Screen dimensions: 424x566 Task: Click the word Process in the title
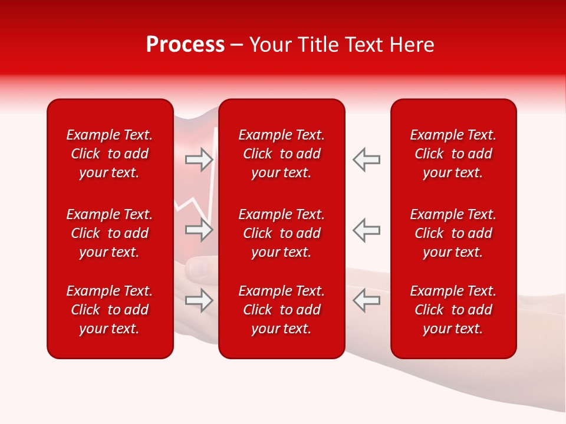(x=185, y=45)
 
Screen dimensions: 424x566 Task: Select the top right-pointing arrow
(x=199, y=160)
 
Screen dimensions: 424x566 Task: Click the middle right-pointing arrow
(x=199, y=230)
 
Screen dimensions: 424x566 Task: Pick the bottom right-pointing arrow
(x=199, y=300)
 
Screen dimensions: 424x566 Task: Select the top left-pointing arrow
(x=366, y=160)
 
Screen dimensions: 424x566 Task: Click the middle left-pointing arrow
(x=366, y=230)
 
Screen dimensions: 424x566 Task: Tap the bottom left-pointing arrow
(x=366, y=300)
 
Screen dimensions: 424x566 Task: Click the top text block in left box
(x=110, y=154)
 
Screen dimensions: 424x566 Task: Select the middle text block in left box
(x=110, y=233)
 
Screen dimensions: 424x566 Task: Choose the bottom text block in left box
(x=110, y=310)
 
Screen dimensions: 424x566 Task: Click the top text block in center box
(x=282, y=154)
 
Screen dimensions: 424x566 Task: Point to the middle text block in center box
(x=282, y=233)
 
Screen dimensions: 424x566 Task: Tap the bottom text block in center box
(x=282, y=310)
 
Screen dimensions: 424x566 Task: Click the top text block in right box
(x=453, y=154)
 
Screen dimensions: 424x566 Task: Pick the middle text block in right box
(x=453, y=233)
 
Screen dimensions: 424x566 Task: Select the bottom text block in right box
(x=453, y=310)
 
